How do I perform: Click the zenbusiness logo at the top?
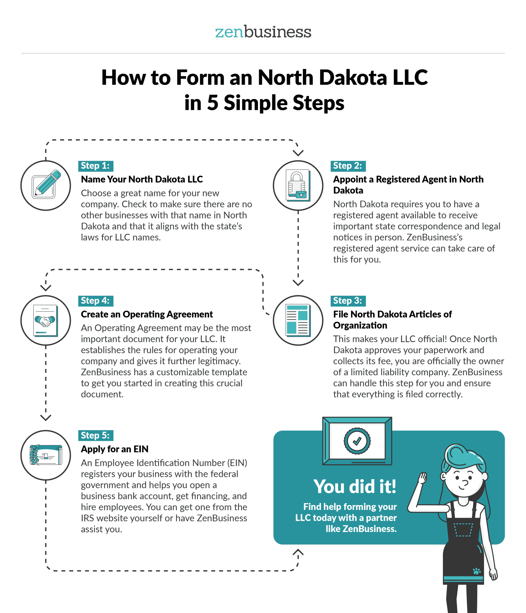pyautogui.click(x=263, y=32)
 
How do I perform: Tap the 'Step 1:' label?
pyautogui.click(x=96, y=166)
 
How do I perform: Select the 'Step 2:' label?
pyautogui.click(x=348, y=166)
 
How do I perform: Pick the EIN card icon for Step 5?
pyautogui.click(x=46, y=455)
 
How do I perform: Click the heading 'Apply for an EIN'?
pyautogui.click(x=115, y=449)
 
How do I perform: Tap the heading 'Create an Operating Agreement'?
pyautogui.click(x=147, y=314)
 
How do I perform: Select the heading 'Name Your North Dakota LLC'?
pyautogui.click(x=142, y=179)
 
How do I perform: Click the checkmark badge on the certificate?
pyautogui.click(x=357, y=441)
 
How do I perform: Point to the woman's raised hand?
pyautogui.click(x=422, y=478)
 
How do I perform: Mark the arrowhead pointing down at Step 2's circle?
pyautogui.click(x=298, y=153)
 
